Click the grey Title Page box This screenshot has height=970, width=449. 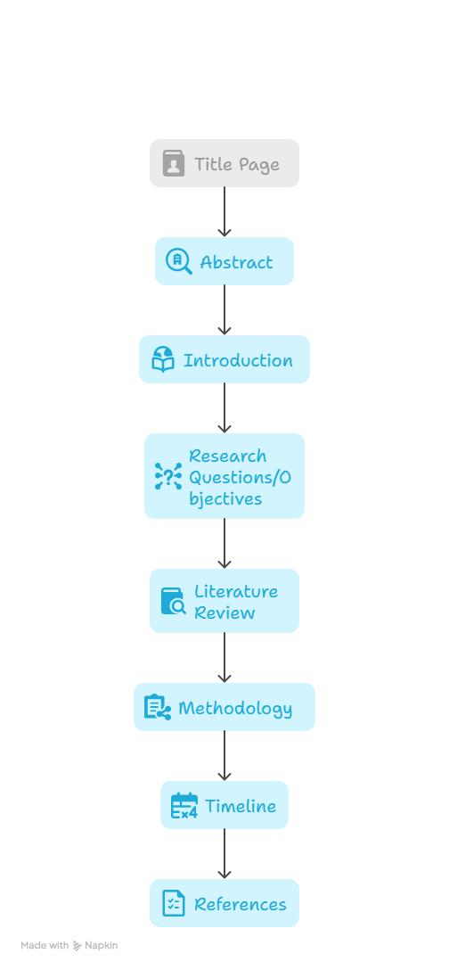coord(224,163)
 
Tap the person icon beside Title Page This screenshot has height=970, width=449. coord(174,163)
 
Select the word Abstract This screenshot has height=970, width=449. coord(236,262)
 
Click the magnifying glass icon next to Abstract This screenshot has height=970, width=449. coord(179,262)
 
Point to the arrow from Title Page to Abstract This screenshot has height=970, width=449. coord(224,212)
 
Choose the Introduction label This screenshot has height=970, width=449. coord(238,360)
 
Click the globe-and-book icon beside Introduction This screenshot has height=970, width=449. coord(163,359)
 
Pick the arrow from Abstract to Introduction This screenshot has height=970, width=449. coord(224,310)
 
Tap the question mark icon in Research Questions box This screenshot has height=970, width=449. coord(168,476)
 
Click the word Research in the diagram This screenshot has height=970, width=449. coord(227,456)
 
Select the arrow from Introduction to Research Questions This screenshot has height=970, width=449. coord(224,408)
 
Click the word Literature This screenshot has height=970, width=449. coord(236,591)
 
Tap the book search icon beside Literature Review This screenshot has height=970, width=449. coord(174,601)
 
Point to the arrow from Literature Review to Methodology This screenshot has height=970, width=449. coord(224,658)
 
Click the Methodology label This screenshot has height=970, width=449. coord(235,708)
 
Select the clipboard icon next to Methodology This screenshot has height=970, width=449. coord(158,707)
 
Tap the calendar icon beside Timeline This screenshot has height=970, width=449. coord(184,805)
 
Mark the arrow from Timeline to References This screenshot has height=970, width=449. coord(224,854)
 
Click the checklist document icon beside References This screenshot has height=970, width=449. coord(174,903)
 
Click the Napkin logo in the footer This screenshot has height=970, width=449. coord(78,945)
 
